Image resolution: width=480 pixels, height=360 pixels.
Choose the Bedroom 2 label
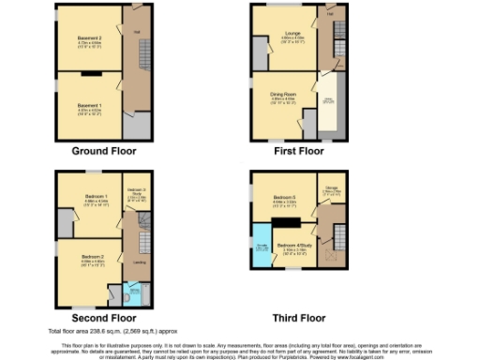point(92,258)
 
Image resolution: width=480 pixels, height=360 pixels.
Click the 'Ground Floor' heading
point(104,150)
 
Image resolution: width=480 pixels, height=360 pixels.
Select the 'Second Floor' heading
point(104,318)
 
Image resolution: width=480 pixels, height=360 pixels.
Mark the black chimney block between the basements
point(90,72)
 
